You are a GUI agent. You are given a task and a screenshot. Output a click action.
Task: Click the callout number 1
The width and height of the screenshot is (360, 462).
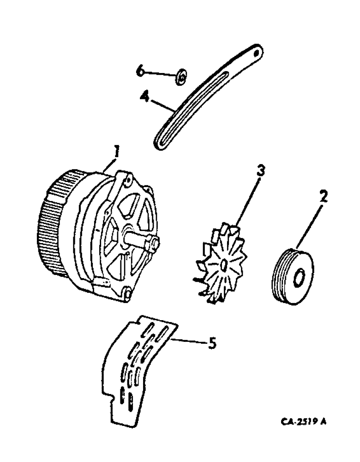click(117, 151)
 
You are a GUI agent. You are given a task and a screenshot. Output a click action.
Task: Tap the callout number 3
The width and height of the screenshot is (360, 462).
click(261, 171)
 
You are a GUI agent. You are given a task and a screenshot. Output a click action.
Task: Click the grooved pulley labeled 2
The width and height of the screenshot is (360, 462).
click(292, 277)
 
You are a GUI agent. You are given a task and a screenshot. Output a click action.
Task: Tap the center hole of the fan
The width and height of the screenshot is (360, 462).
click(223, 265)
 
